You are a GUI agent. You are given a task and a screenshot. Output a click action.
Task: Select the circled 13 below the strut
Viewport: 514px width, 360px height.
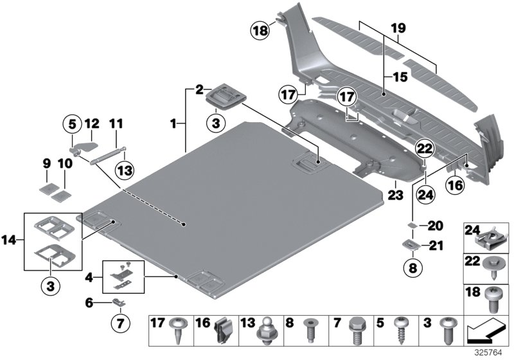pyautogui.click(x=125, y=170)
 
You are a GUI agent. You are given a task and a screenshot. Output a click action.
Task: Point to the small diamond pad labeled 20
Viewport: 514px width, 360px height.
pyautogui.click(x=412, y=226)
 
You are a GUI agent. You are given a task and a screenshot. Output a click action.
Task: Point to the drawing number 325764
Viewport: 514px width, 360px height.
pyautogui.click(x=493, y=352)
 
